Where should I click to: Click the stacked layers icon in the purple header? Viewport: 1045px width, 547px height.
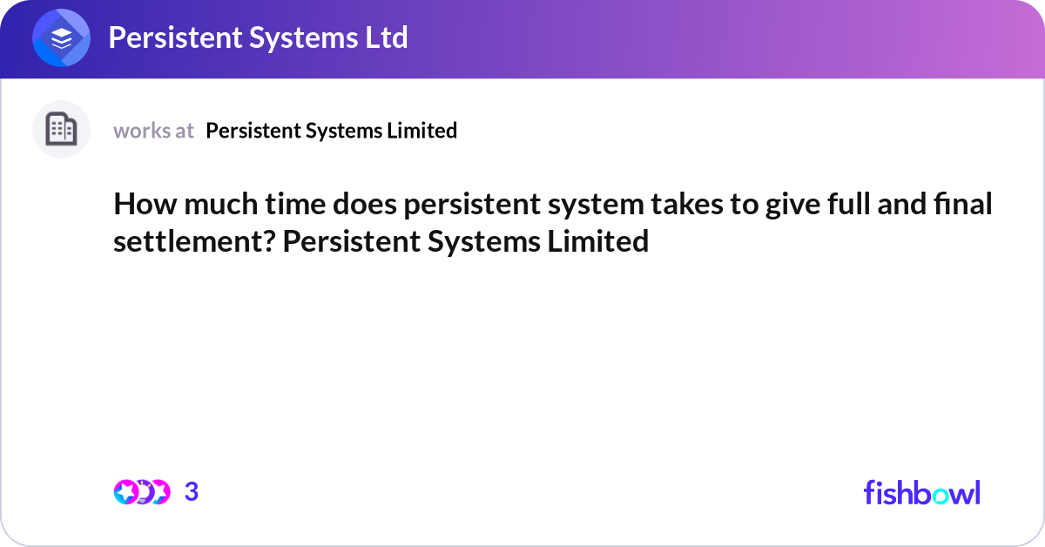point(62,39)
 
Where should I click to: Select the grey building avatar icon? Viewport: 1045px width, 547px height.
point(61,130)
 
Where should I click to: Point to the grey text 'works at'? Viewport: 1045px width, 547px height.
point(153,131)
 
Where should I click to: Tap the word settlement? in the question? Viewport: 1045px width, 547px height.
point(194,241)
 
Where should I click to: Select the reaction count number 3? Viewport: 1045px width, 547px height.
point(192,492)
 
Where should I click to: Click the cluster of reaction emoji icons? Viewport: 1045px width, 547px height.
point(142,492)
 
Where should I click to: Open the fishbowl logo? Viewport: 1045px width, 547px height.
point(921,492)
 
